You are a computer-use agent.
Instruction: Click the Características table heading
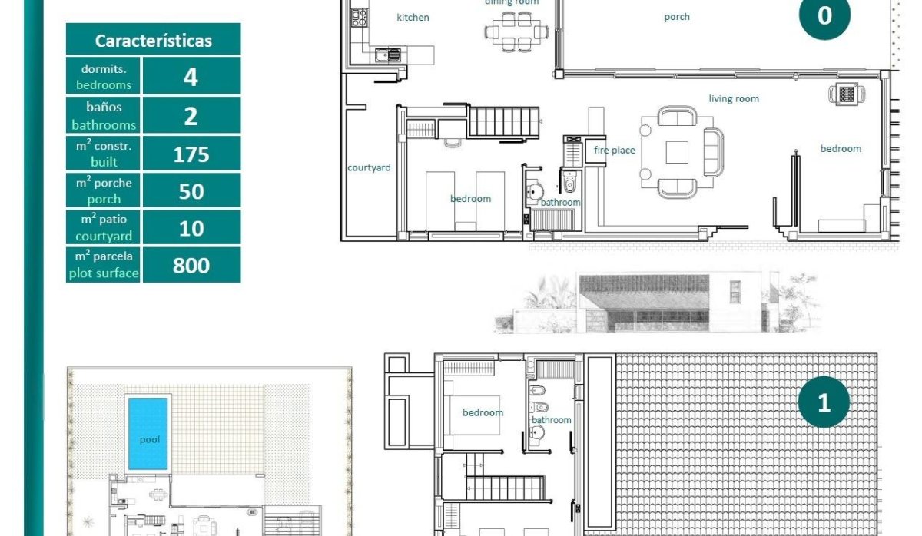(x=153, y=40)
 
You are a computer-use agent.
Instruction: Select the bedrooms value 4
(x=191, y=77)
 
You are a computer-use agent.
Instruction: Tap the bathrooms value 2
(x=191, y=116)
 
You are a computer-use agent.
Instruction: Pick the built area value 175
(x=191, y=154)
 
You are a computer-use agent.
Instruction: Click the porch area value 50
(x=191, y=191)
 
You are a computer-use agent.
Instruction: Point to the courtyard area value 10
(x=191, y=228)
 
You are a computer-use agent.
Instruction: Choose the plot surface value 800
(x=191, y=265)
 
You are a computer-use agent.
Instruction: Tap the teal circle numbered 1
(x=824, y=402)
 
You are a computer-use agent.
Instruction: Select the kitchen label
(x=413, y=17)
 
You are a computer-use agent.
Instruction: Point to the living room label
(x=734, y=98)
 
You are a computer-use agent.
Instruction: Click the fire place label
(x=615, y=151)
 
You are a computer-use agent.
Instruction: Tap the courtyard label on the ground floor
(x=369, y=167)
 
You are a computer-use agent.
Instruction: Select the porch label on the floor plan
(x=677, y=17)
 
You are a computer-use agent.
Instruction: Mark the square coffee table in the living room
(x=677, y=153)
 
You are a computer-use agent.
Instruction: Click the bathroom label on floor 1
(x=552, y=420)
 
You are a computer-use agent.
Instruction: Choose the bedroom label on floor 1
(x=483, y=413)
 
